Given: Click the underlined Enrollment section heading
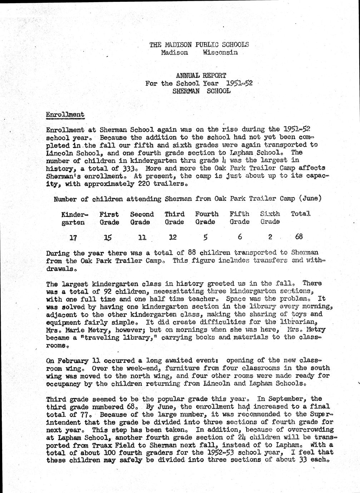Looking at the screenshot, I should coord(65,115).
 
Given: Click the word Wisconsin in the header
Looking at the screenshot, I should coord(220,53).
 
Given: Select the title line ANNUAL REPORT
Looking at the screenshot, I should coord(201,75).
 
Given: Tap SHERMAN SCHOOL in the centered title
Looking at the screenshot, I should coord(201,91).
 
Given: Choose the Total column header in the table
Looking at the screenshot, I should coord(300,214).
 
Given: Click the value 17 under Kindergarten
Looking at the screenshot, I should coord(73,237).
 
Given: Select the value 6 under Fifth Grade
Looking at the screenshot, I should coord(240,236).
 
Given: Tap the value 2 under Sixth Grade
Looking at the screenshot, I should coord(270,236).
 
